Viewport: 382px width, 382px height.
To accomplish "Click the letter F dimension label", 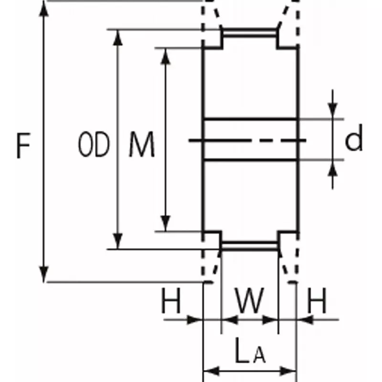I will point(23,146).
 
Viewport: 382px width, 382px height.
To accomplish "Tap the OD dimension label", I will point(94,146).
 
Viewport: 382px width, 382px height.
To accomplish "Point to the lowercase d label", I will point(354,139).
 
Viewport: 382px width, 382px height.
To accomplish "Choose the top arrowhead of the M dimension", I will point(165,55).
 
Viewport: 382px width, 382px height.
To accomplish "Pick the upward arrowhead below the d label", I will point(333,167).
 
